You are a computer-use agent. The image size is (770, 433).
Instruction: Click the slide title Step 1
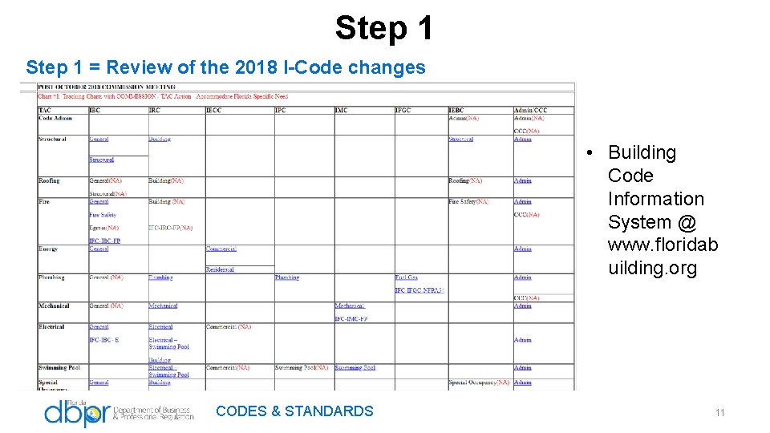384,28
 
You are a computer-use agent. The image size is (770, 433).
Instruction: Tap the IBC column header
95,110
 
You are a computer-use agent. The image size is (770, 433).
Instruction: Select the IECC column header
213,110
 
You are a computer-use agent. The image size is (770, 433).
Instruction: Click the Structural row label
52,140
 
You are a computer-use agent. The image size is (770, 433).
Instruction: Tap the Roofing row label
49,181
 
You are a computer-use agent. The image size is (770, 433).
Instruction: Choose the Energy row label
48,249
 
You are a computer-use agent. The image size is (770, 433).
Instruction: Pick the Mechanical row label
54,306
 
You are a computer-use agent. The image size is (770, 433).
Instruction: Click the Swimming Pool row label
59,368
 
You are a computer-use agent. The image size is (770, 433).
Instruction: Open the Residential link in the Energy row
220,270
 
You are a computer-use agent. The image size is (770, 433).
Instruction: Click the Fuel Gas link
406,278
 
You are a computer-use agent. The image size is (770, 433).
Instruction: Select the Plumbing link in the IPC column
286,278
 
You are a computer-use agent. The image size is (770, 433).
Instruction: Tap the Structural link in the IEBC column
460,140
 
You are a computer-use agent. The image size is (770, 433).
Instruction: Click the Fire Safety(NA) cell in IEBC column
468,202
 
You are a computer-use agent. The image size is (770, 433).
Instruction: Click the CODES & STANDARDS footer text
294,411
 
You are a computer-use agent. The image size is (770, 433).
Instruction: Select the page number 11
719,412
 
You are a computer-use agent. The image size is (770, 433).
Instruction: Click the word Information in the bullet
655,199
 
